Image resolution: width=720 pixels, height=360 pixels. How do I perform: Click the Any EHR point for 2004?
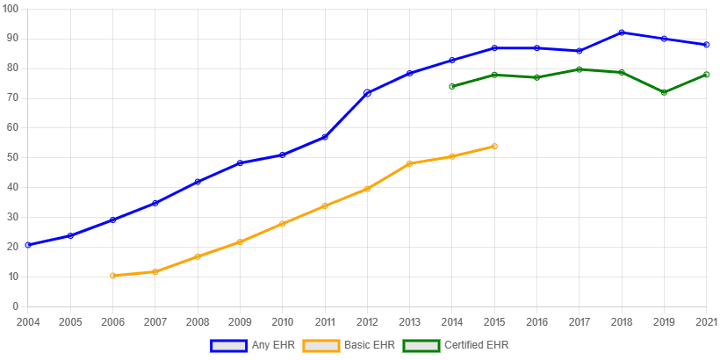[27, 245]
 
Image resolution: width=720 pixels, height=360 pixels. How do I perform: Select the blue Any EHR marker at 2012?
[367, 92]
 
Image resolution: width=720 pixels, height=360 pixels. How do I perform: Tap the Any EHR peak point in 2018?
[622, 32]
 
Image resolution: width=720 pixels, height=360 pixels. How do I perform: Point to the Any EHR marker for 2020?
[706, 45]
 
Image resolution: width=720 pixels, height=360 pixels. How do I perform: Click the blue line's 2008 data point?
[198, 182]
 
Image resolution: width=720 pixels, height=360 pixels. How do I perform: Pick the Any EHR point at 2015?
[494, 47]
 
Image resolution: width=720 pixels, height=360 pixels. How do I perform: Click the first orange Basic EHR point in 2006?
[112, 276]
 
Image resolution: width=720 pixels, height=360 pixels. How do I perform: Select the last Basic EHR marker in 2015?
[494, 147]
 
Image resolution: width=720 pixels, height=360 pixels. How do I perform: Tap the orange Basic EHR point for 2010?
[282, 224]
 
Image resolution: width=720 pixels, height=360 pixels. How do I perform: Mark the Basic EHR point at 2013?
[409, 163]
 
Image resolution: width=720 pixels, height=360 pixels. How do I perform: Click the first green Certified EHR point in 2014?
[451, 86]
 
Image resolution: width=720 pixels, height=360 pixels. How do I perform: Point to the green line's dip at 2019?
[664, 92]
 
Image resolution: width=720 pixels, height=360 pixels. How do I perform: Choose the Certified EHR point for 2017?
[580, 68]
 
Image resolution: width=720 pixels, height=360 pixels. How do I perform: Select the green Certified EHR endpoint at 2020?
[706, 75]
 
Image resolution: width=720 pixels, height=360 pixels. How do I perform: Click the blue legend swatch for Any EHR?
[229, 346]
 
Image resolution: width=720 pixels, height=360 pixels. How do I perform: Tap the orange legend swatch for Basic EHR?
[321, 346]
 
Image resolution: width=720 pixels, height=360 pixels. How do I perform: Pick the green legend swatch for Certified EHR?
[421, 346]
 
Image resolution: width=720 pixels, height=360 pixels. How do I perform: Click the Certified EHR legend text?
[477, 346]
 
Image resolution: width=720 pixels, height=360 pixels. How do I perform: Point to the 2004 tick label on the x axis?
[27, 321]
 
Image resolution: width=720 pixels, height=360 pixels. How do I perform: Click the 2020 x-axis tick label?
[706, 321]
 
